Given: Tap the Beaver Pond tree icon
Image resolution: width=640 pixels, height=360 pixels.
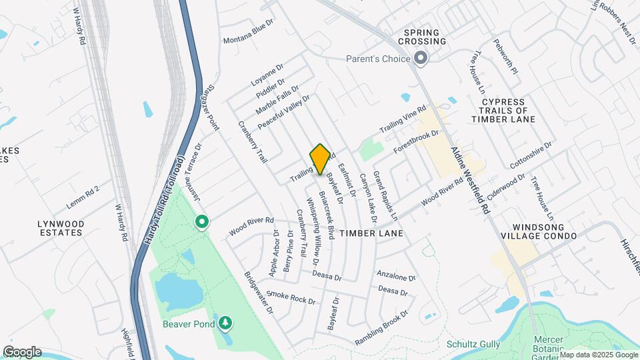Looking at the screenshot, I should (226, 324).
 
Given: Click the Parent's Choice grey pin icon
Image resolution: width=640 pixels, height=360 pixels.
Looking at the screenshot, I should (421, 59).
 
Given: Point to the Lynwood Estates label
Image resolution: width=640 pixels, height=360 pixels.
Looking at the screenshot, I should (51, 228).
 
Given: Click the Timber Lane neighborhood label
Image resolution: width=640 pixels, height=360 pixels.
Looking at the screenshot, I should (370, 233).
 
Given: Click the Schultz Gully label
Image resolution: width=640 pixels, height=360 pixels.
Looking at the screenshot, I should (473, 345).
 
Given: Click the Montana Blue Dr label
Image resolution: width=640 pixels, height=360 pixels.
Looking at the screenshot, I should (249, 33).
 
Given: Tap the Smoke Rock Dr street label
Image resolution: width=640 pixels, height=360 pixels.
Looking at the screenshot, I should (291, 297).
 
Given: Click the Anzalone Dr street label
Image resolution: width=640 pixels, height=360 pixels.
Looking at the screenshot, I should (396, 275).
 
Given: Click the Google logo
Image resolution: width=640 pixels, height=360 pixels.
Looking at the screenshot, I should (22, 352).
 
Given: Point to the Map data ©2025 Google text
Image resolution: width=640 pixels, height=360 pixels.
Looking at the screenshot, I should (598, 354).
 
